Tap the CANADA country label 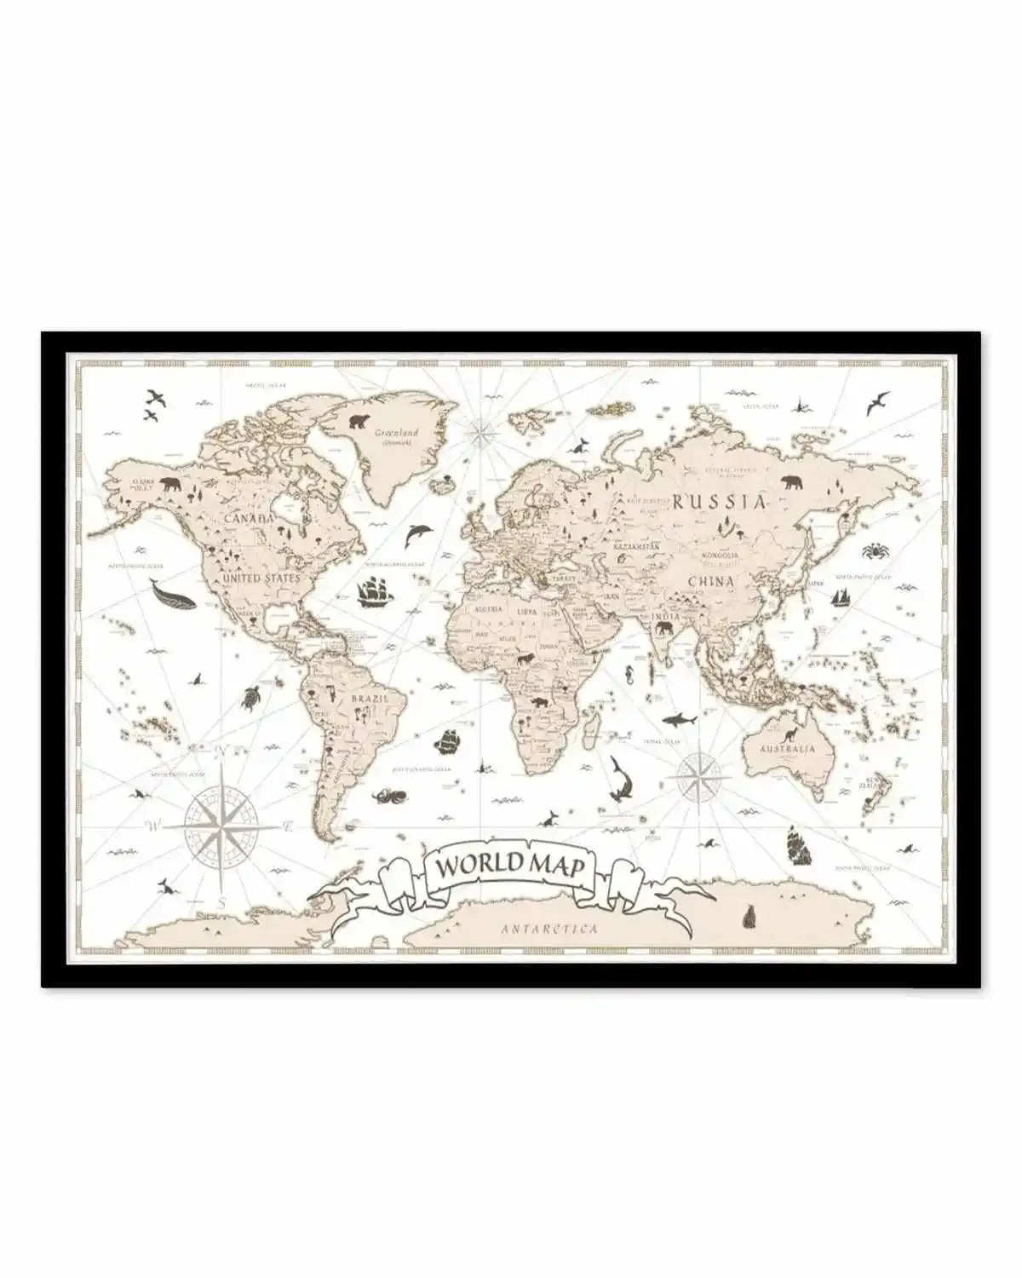(x=249, y=518)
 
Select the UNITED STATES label (x=261, y=578)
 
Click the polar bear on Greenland (x=358, y=418)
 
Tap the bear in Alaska (x=170, y=486)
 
